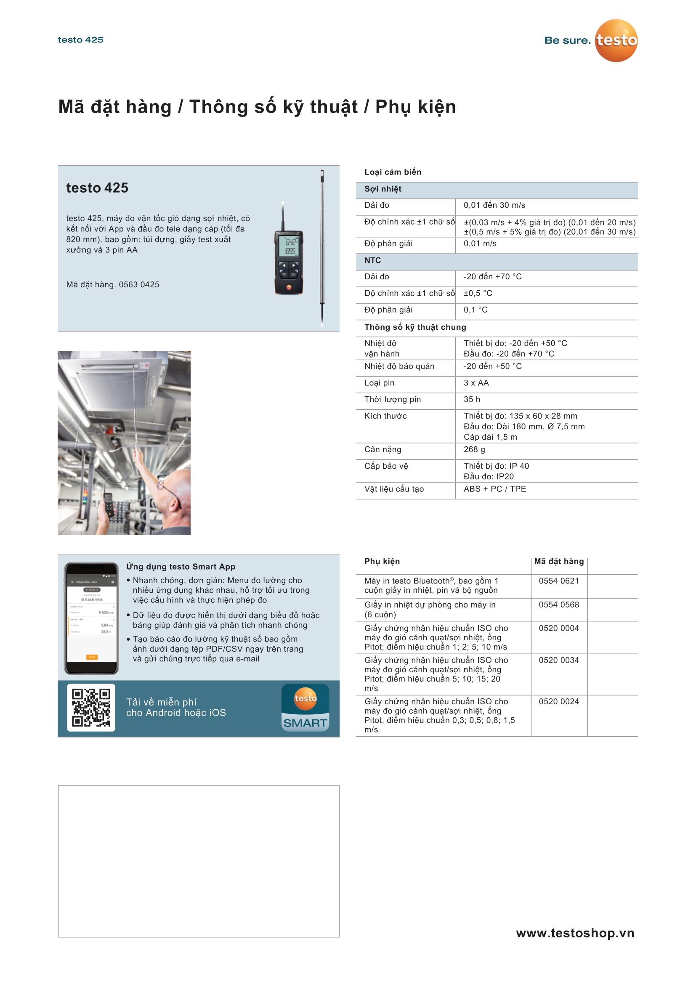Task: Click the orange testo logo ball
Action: click(616, 41)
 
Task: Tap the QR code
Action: click(91, 707)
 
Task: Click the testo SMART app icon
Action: click(305, 707)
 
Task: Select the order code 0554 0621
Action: click(558, 581)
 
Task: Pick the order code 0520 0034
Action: click(558, 660)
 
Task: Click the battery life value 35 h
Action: click(472, 399)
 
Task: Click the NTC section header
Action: click(372, 260)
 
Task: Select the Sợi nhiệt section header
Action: click(383, 189)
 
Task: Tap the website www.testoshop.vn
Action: click(575, 933)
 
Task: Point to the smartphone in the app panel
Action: click(91, 618)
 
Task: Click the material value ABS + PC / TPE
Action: click(494, 489)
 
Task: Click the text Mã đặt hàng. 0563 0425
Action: click(113, 284)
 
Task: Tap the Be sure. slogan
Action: click(567, 40)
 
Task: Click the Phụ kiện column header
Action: click(382, 562)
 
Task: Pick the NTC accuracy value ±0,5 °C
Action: click(478, 293)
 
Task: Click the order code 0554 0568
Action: click(558, 605)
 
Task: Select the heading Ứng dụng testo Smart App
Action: click(181, 567)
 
